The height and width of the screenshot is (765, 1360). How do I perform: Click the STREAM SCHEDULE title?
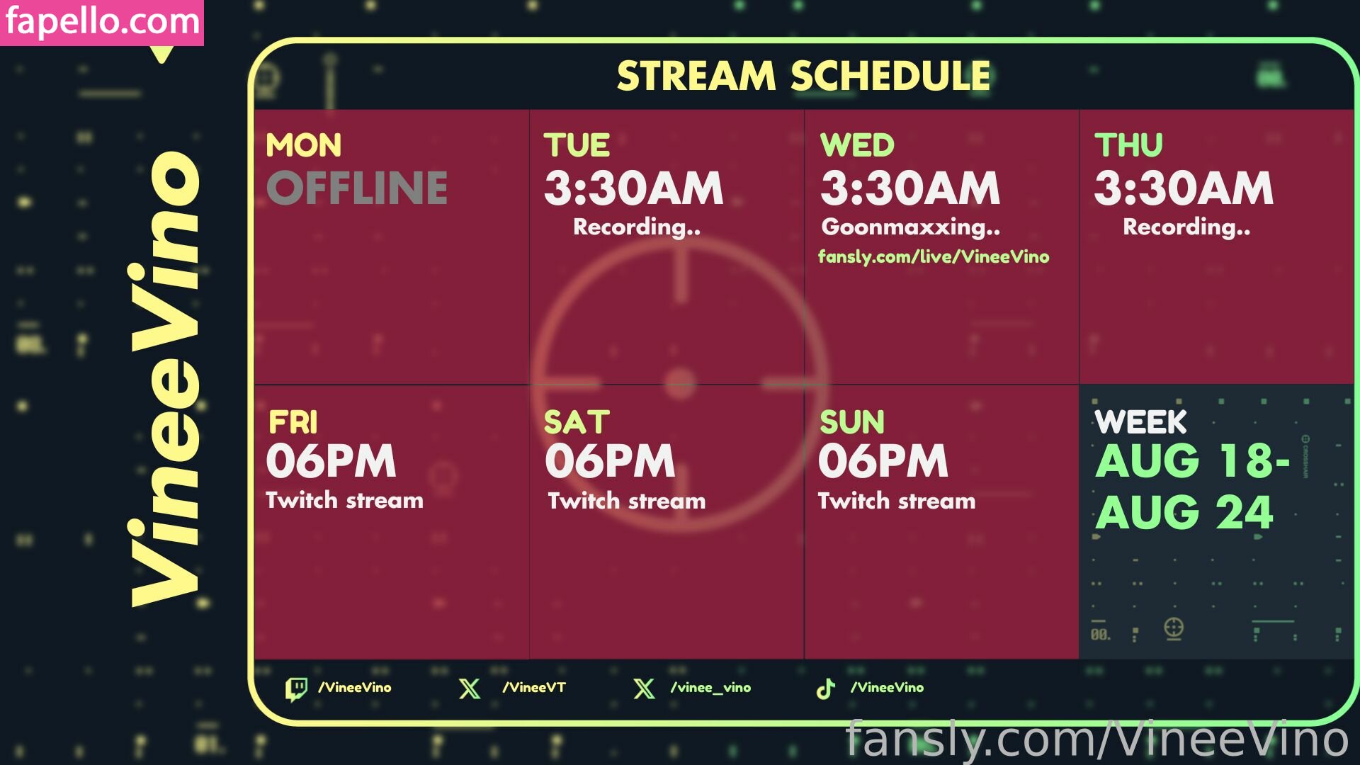pyautogui.click(x=803, y=76)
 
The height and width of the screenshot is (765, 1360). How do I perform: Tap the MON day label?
pyautogui.click(x=304, y=145)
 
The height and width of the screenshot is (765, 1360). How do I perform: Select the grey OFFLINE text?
pyautogui.click(x=357, y=188)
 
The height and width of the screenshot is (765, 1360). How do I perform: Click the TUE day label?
pyautogui.click(x=577, y=145)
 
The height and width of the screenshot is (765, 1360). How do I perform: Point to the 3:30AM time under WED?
pyautogui.click(x=910, y=188)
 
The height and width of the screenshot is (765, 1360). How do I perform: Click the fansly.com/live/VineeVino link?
pyautogui.click(x=934, y=256)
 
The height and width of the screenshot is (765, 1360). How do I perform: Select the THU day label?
pyautogui.click(x=1128, y=145)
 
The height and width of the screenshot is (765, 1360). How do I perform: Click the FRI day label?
pyautogui.click(x=293, y=423)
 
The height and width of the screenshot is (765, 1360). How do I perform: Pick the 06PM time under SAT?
pyautogui.click(x=610, y=461)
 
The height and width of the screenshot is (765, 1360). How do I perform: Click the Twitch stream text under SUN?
pyautogui.click(x=897, y=501)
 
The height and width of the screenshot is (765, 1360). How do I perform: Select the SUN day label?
pyautogui.click(x=852, y=423)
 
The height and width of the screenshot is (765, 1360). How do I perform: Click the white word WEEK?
pyautogui.click(x=1140, y=423)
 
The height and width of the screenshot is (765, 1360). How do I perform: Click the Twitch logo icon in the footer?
pyautogui.click(x=296, y=688)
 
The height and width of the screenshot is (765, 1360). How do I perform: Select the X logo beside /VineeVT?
pyautogui.click(x=470, y=688)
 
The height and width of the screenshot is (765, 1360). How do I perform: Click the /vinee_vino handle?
pyautogui.click(x=710, y=688)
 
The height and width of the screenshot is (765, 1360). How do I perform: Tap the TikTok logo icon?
pyautogui.click(x=826, y=688)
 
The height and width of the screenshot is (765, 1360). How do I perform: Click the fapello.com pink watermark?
pyautogui.click(x=102, y=22)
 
